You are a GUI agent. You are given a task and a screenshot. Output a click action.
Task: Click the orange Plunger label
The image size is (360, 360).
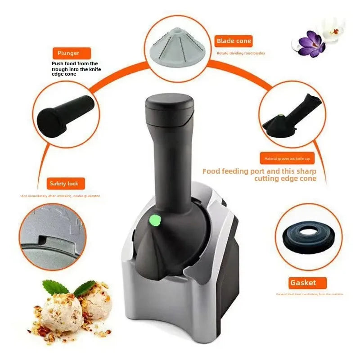coord(68,53)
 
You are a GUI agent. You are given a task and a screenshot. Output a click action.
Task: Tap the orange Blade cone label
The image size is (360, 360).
coord(234,41)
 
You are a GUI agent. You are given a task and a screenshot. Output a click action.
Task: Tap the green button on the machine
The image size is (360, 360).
coord(155,220)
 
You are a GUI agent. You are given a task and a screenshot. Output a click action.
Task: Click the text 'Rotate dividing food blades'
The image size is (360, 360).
coord(241,53)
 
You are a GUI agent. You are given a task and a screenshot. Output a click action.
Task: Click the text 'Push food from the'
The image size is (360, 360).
coord(75,63)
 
